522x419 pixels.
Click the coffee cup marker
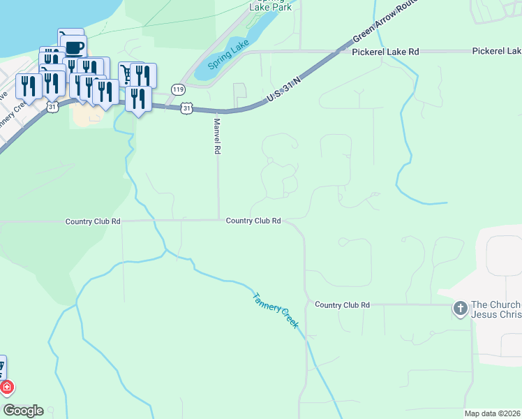(x=75, y=47)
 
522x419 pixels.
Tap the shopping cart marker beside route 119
(x=127, y=73)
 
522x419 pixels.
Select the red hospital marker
(x=6, y=387)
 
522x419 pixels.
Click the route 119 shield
(x=179, y=89)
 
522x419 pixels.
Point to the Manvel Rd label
(x=217, y=136)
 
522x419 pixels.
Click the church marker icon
(x=460, y=308)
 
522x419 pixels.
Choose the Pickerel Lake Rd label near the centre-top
(x=385, y=52)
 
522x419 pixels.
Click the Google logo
(x=23, y=411)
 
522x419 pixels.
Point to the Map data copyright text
(x=493, y=413)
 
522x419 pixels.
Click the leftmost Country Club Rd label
(x=93, y=221)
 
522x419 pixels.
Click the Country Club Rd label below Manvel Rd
(x=253, y=221)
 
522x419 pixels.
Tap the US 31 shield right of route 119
(x=186, y=108)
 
